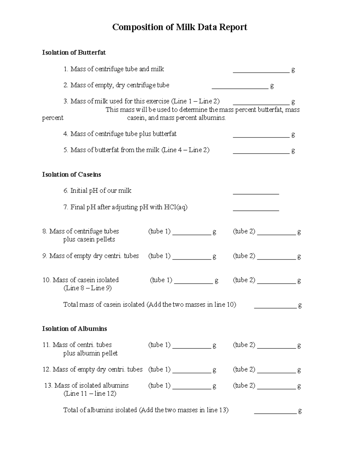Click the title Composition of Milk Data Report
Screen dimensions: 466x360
(x=180, y=27)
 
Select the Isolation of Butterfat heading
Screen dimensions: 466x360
(x=74, y=53)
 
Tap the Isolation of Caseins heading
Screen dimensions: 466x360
(x=71, y=175)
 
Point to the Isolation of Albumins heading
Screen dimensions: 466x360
(x=74, y=329)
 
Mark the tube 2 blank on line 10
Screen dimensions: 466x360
(x=277, y=282)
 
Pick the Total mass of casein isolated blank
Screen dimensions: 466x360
(x=275, y=307)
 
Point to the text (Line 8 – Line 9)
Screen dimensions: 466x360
(x=88, y=288)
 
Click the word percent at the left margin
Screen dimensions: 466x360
(x=53, y=118)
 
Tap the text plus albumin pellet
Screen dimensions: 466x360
(x=90, y=353)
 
